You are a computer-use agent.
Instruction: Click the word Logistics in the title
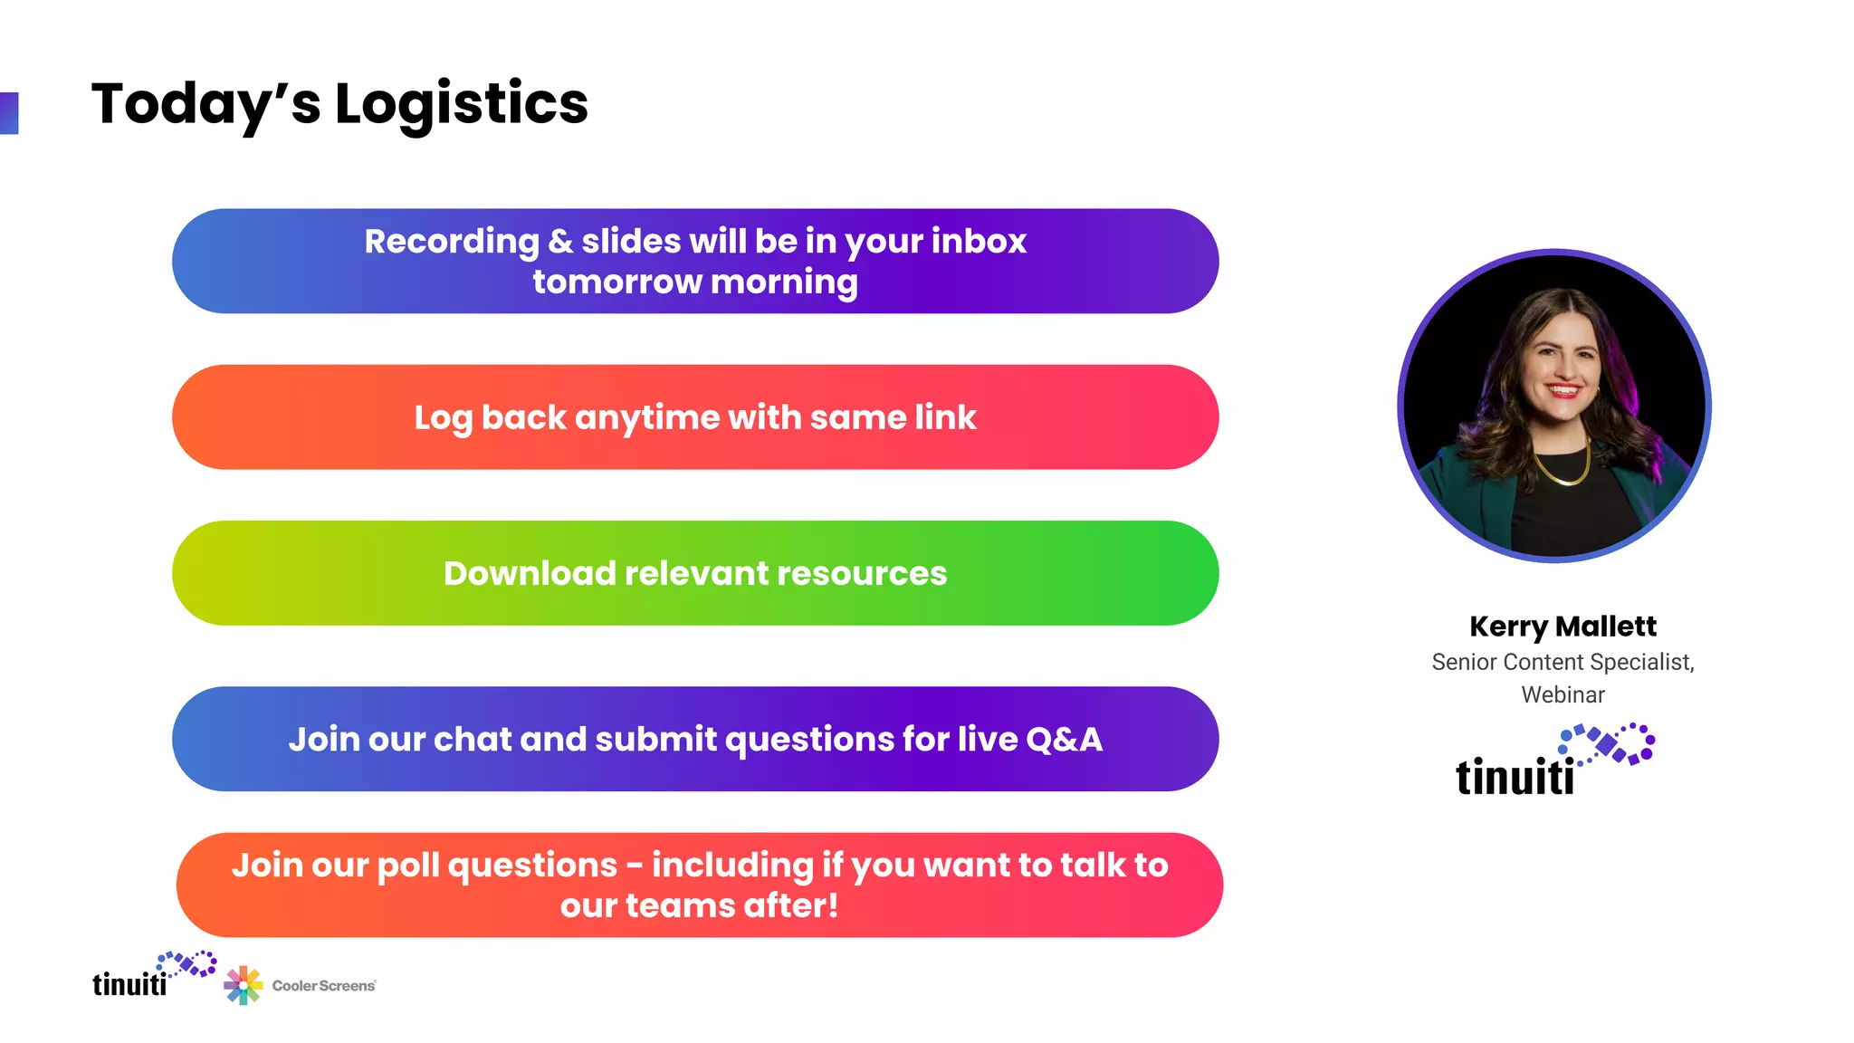click(x=462, y=104)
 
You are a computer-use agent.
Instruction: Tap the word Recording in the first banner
click(x=451, y=242)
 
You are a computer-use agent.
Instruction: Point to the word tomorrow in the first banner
click(x=616, y=282)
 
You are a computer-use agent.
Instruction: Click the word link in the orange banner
click(x=945, y=417)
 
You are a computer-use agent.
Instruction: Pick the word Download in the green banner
click(x=530, y=574)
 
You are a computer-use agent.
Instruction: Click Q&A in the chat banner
click(x=1064, y=740)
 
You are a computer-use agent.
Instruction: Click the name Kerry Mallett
click(x=1563, y=627)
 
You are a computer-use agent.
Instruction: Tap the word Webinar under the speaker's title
click(x=1563, y=695)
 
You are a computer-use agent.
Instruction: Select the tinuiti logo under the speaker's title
click(x=1553, y=762)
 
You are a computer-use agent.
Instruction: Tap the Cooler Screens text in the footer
click(x=323, y=986)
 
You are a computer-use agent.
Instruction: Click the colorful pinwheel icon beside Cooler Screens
click(x=243, y=985)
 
